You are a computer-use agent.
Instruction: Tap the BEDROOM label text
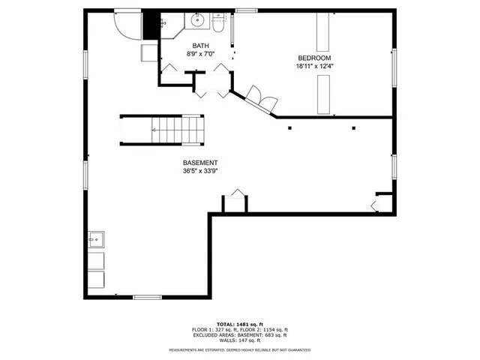(314, 58)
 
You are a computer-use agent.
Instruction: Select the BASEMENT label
(200, 163)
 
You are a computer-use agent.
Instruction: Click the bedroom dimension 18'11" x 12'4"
(314, 66)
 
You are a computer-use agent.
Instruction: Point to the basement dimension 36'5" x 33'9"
(200, 170)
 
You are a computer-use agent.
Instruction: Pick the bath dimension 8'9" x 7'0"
(199, 54)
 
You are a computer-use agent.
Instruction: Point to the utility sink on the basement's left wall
(97, 241)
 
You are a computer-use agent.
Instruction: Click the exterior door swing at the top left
(128, 25)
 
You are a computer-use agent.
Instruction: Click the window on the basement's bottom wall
(147, 298)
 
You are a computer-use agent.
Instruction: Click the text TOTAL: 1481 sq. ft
(240, 324)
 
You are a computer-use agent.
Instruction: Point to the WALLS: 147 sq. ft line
(240, 340)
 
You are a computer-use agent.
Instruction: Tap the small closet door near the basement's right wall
(379, 203)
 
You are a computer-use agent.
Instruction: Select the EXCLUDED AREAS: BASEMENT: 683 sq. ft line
(240, 335)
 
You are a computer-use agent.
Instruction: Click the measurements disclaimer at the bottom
(240, 350)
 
